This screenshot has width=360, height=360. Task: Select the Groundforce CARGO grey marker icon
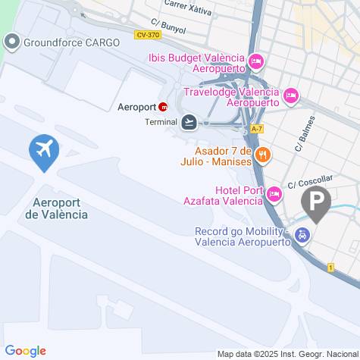(12, 42)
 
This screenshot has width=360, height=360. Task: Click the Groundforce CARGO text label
(71, 42)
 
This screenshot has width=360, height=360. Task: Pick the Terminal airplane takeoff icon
(189, 121)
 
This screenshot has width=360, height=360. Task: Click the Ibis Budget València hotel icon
(256, 61)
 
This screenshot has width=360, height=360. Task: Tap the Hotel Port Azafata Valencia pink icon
(274, 196)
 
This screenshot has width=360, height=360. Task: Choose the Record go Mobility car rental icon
(302, 236)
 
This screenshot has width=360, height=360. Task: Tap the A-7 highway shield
(257, 129)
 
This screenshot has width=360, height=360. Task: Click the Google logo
(25, 350)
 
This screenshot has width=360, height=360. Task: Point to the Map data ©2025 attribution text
(286, 354)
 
